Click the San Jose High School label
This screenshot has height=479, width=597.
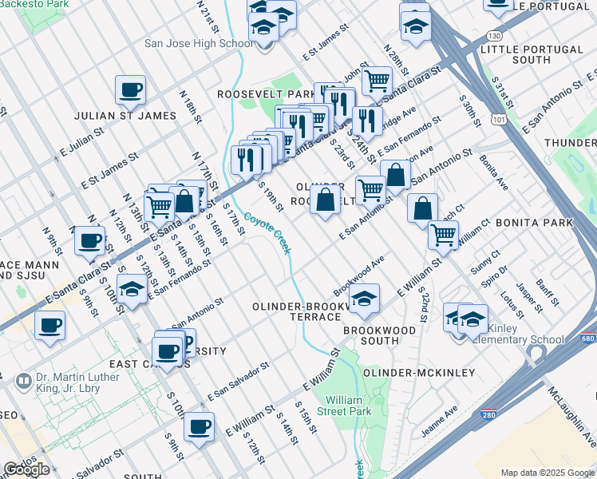click(199, 43)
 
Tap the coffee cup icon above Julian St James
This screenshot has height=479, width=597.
click(130, 90)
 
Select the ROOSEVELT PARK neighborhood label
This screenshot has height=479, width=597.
click(267, 94)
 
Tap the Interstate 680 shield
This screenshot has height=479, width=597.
click(587, 338)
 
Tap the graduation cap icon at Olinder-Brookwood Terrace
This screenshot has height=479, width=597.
click(364, 299)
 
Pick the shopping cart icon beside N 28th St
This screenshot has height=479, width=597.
click(377, 80)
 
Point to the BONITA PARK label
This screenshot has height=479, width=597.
click(534, 221)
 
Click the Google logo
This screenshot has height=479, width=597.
click(27, 469)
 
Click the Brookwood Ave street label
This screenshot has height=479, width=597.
click(359, 275)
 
